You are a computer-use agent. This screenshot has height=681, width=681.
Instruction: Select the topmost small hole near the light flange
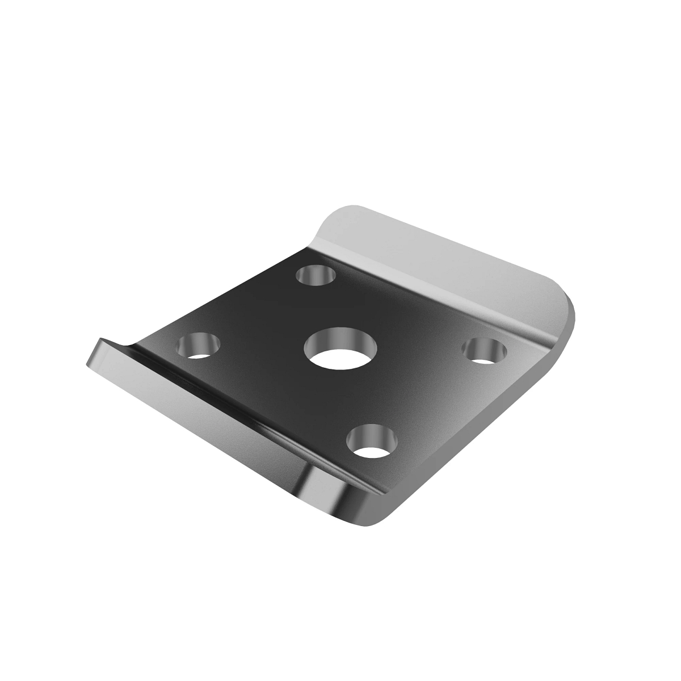(317, 276)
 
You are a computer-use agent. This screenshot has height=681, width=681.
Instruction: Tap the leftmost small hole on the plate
(199, 345)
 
